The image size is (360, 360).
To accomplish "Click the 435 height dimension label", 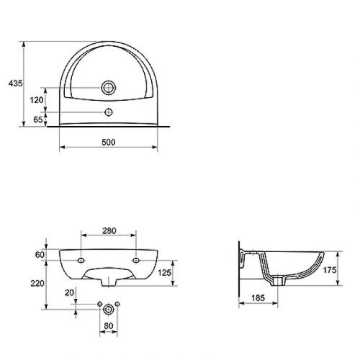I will (x=13, y=84).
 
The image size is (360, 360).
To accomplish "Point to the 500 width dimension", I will (x=108, y=143).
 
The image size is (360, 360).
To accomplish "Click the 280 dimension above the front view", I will (x=109, y=231).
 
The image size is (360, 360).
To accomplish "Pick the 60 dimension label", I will (x=39, y=253).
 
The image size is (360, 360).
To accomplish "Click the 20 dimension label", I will (x=68, y=292).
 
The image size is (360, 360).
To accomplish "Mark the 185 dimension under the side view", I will (x=258, y=297).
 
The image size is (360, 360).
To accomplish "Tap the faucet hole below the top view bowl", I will (x=109, y=112).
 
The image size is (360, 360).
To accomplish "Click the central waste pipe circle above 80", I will (x=108, y=307).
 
